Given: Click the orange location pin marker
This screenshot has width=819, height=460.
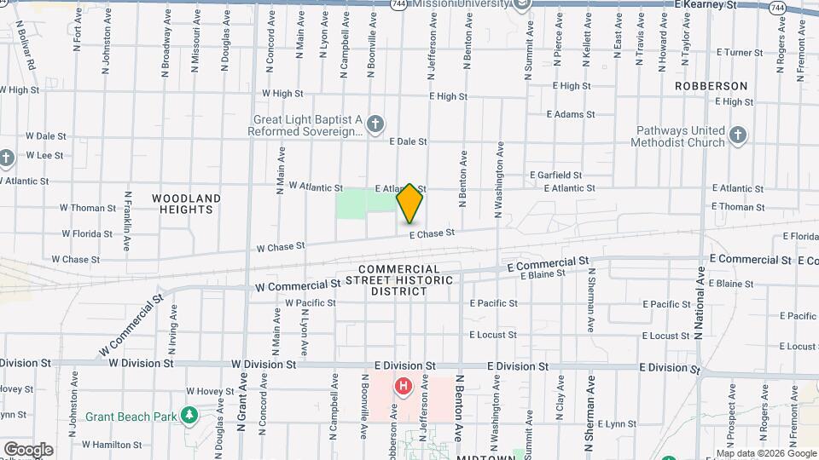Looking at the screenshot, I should click(409, 204).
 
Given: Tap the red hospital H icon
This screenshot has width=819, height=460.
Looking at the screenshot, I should click(403, 387).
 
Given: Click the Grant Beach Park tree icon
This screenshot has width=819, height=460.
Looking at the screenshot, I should click(189, 417).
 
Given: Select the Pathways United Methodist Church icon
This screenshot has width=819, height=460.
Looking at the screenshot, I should click(738, 135).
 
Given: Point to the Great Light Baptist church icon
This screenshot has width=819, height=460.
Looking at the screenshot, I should click(375, 125).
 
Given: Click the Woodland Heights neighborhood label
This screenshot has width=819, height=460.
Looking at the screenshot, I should click(186, 204).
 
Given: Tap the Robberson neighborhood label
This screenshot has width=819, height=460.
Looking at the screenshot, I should click(711, 86).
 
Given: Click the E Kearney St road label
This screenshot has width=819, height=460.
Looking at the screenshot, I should click(705, 5).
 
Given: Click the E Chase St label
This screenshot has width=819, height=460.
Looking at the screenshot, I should click(432, 233).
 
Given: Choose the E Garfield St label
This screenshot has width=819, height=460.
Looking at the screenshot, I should click(555, 175).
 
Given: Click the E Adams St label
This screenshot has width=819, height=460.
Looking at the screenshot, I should click(570, 114).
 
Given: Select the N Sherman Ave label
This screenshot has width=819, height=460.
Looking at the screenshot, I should click(590, 301).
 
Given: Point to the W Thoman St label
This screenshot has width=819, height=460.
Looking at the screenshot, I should click(88, 208).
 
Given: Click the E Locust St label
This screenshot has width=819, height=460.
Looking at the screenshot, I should click(493, 335).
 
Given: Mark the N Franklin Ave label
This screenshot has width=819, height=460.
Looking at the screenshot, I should click(127, 220).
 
